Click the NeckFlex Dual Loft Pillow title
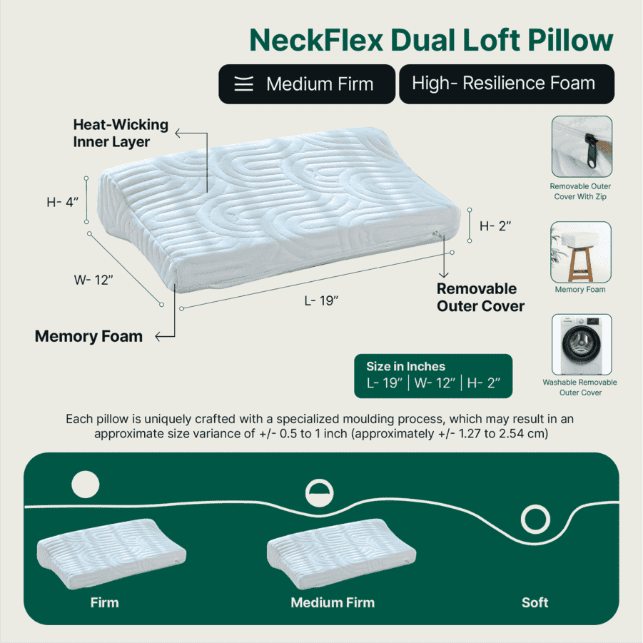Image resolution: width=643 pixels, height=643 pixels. (x=430, y=40)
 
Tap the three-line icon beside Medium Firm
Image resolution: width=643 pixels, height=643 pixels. (x=244, y=84)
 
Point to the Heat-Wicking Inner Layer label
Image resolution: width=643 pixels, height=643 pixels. (x=121, y=133)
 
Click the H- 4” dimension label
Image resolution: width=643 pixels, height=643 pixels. (x=61, y=202)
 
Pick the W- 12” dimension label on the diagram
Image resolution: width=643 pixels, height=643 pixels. (x=94, y=280)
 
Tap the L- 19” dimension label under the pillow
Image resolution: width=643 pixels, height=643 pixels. (x=321, y=300)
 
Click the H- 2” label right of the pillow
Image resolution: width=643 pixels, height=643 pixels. (x=495, y=226)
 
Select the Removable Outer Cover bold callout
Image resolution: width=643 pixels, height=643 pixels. (x=480, y=298)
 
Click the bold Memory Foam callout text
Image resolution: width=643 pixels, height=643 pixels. (x=88, y=336)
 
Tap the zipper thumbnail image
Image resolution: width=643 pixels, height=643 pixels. (x=581, y=146)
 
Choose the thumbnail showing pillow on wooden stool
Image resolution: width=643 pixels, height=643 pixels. (x=581, y=252)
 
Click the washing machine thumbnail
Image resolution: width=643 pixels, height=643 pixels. (x=581, y=345)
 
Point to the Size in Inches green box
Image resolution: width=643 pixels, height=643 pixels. (x=433, y=375)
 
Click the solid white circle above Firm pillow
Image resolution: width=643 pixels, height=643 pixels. (x=85, y=485)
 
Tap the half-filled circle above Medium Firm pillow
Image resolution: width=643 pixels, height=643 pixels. (x=319, y=492)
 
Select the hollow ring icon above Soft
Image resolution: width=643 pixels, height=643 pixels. (x=535, y=519)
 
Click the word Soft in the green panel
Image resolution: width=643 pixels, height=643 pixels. (x=535, y=602)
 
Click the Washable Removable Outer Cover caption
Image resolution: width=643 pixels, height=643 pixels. (x=579, y=388)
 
